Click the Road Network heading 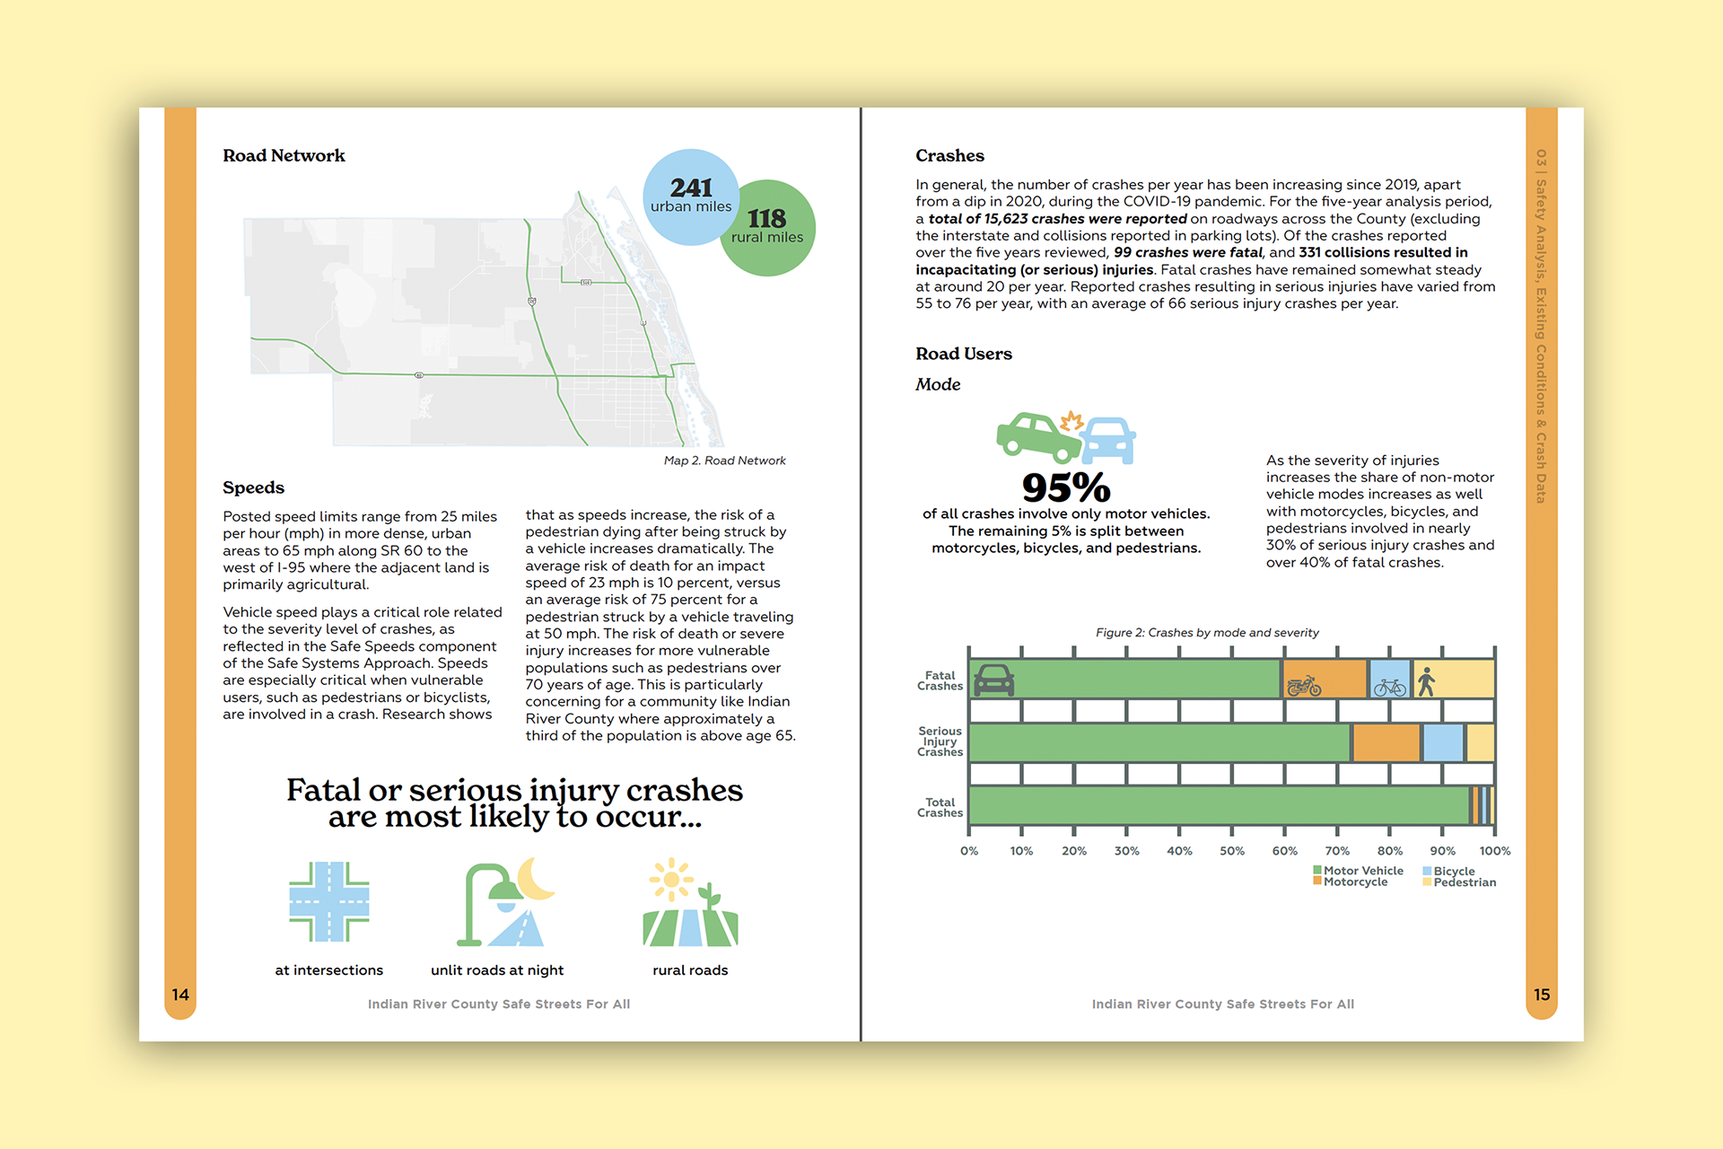pos(284,155)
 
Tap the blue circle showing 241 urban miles pos(689,196)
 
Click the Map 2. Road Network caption pos(724,460)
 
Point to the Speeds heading pos(253,487)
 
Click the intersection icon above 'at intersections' pos(328,901)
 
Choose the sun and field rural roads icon pos(689,903)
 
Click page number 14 pos(180,995)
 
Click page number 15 pos(1542,995)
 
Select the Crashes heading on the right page pos(949,155)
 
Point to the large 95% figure pos(1066,487)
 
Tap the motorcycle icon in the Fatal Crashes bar pos(1304,687)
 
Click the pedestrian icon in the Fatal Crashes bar pos(1426,682)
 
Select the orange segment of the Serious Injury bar pos(1386,743)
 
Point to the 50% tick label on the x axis pos(1231,851)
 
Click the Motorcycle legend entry pos(1355,882)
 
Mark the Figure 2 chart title pos(1207,633)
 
